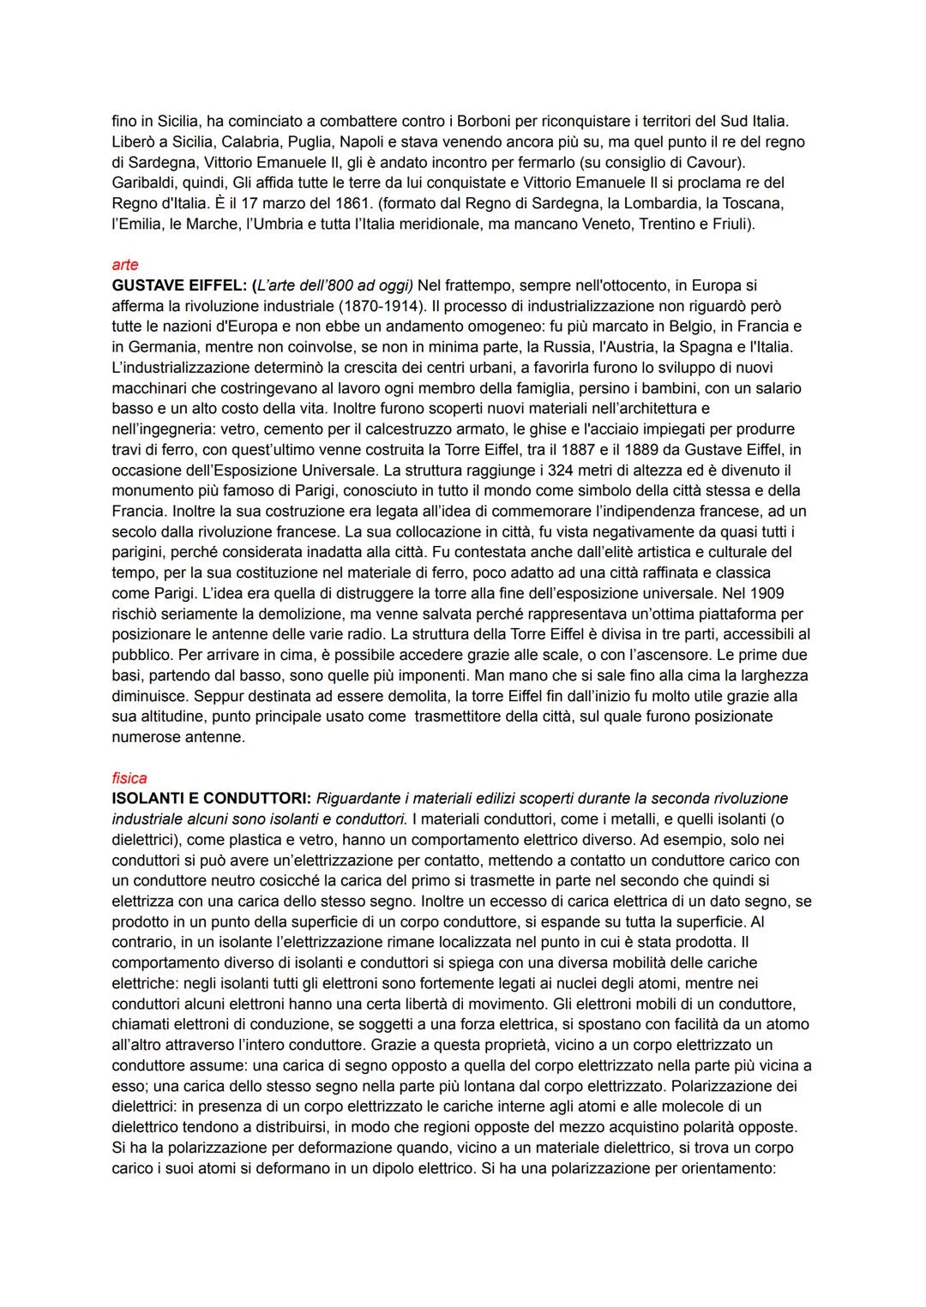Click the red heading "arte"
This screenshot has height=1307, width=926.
(124, 265)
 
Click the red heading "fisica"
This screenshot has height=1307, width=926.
(129, 778)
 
